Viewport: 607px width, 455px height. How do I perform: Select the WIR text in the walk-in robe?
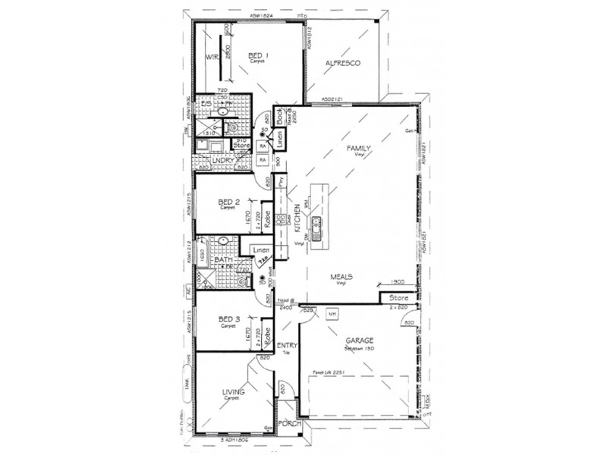click(212, 58)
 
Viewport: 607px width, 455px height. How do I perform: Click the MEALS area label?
click(341, 277)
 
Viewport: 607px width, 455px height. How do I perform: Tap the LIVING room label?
click(233, 392)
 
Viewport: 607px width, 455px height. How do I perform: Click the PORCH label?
click(288, 425)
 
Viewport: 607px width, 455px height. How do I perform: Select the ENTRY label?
click(288, 347)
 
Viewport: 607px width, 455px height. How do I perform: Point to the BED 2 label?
click(228, 202)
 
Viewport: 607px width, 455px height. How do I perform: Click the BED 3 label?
click(228, 320)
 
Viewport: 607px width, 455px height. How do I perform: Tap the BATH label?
click(222, 260)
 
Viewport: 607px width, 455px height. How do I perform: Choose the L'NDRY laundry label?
click(223, 160)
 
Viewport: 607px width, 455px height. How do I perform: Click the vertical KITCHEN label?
click(298, 221)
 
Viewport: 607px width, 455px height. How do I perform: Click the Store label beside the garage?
click(398, 297)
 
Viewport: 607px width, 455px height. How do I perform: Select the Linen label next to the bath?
click(261, 249)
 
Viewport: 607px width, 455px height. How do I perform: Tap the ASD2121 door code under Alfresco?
click(332, 99)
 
